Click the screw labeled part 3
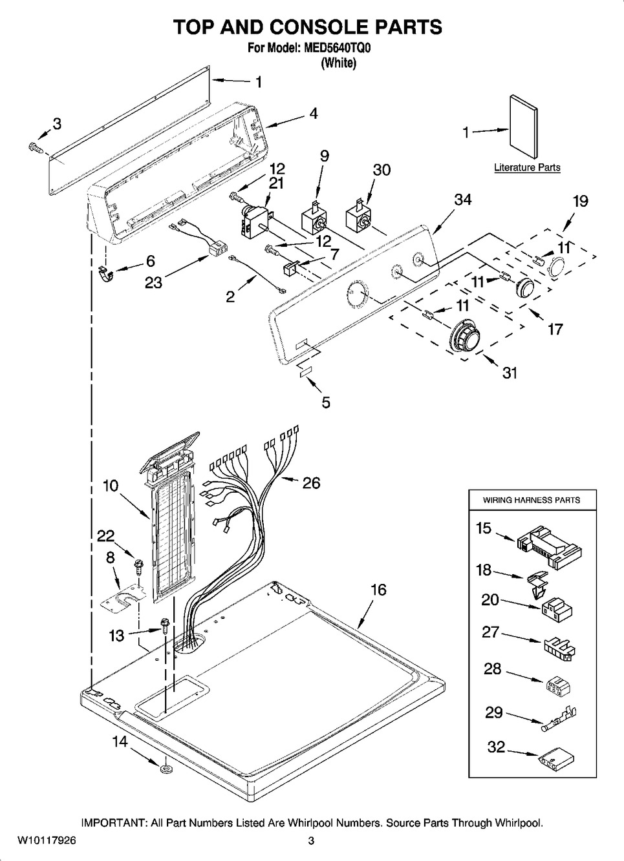pyautogui.click(x=36, y=148)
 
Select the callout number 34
pyautogui.click(x=463, y=200)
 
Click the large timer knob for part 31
pyautogui.click(x=466, y=338)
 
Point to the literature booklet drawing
pyautogui.click(x=524, y=127)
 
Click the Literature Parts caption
pyautogui.click(x=527, y=167)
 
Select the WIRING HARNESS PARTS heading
pyautogui.click(x=532, y=500)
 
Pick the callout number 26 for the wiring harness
pyautogui.click(x=311, y=482)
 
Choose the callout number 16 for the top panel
pyautogui.click(x=378, y=590)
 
